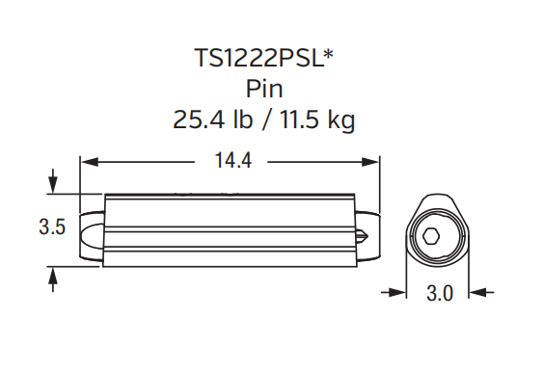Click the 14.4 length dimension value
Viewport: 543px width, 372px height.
tap(231, 162)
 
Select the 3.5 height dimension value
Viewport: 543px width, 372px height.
tap(52, 228)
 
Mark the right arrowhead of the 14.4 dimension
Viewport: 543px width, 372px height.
tap(373, 162)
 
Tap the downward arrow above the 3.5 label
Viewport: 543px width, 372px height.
tap(52, 183)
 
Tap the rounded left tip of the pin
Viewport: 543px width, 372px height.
tap(86, 232)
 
